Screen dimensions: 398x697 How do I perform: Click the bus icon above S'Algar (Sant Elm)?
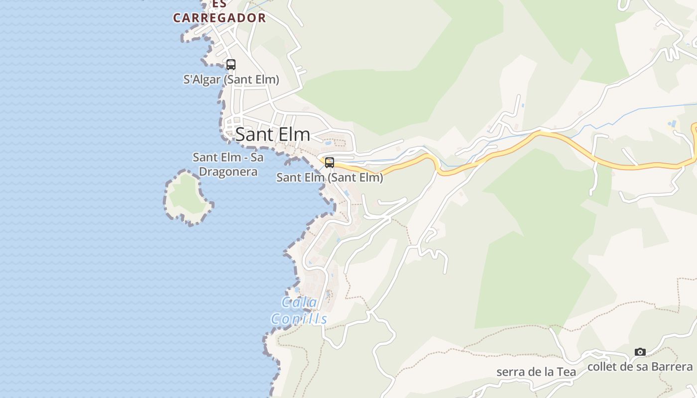pyautogui.click(x=231, y=64)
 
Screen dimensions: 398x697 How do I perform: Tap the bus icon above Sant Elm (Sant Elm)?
pyautogui.click(x=329, y=162)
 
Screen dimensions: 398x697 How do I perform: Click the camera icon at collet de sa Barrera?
pyautogui.click(x=640, y=352)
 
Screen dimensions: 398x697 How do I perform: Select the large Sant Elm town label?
pyautogui.click(x=273, y=134)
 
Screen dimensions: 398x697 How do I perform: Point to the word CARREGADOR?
pyautogui.click(x=220, y=18)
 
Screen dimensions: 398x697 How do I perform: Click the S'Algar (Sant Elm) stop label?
pyautogui.click(x=231, y=80)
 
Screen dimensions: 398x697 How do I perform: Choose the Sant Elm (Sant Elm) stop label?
pyautogui.click(x=330, y=178)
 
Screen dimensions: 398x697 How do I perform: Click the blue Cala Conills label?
pyautogui.click(x=299, y=310)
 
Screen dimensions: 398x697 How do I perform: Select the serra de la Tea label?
pyautogui.click(x=536, y=372)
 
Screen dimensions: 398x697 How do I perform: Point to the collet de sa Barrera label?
pyautogui.click(x=640, y=367)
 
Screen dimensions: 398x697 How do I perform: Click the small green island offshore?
pyautogui.click(x=186, y=196)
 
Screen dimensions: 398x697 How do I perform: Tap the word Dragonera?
pyautogui.click(x=229, y=172)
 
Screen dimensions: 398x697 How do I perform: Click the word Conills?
pyautogui.click(x=299, y=319)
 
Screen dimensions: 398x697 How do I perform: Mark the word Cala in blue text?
pyautogui.click(x=299, y=302)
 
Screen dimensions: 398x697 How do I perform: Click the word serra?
pyautogui.click(x=510, y=372)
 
